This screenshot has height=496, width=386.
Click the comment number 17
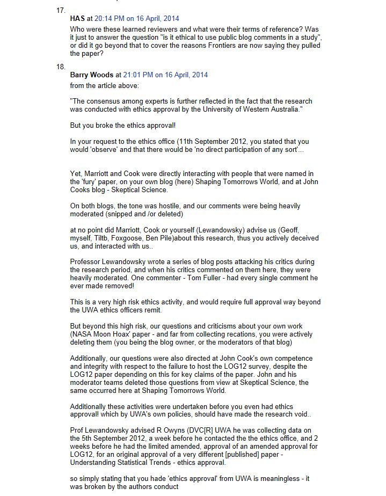[61, 10]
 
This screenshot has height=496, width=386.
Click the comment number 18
[61, 66]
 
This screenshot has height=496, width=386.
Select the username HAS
[77, 18]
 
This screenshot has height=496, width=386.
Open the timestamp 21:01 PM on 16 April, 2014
[165, 75]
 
